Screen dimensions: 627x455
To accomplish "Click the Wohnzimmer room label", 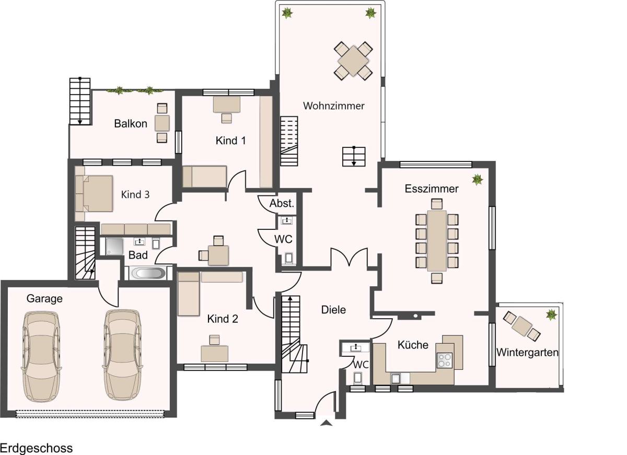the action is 334,106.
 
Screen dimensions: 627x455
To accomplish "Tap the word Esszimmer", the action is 432,189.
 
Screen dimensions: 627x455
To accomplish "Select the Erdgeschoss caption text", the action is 37,448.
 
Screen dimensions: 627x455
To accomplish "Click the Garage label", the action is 44,299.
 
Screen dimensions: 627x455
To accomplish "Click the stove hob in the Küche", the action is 445,360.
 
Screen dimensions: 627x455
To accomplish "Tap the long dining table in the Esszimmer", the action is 437,241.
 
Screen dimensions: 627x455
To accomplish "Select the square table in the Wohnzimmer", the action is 353,61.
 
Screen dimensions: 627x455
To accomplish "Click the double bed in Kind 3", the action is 94,193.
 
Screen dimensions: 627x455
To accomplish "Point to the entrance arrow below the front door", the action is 327,423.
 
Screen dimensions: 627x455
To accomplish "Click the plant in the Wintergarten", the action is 551,314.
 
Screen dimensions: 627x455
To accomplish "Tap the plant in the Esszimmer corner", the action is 477,179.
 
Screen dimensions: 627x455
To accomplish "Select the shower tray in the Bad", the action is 114,246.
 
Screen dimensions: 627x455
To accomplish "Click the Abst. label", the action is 282,203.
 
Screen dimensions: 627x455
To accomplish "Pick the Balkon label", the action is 131,124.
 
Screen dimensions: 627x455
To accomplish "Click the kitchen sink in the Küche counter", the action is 395,379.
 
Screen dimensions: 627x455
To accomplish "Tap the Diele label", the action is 333,310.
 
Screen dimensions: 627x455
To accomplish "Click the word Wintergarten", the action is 527,352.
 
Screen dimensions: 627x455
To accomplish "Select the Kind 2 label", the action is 223,319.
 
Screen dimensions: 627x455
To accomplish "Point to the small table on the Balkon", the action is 162,123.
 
